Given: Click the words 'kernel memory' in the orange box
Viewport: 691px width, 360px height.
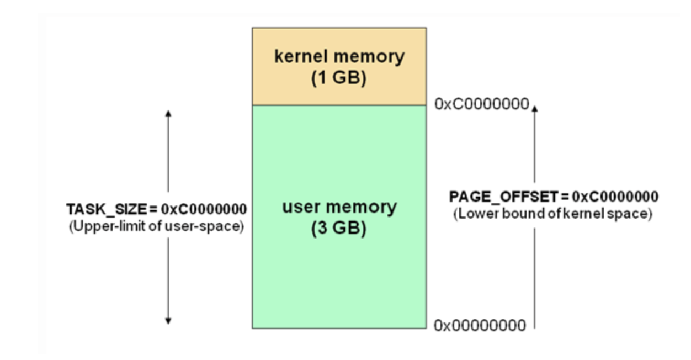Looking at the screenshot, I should [x=339, y=56].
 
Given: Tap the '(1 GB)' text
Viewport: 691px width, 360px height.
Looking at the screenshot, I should [x=339, y=77].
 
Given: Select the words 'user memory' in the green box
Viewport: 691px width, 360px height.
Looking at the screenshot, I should [x=339, y=207].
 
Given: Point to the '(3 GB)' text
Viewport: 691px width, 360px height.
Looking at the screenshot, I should [x=339, y=228].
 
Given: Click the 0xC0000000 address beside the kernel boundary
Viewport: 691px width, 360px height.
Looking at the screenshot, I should [x=481, y=104].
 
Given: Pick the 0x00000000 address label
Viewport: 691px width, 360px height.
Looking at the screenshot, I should [x=480, y=326].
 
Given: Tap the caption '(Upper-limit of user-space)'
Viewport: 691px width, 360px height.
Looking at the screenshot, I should [x=156, y=226].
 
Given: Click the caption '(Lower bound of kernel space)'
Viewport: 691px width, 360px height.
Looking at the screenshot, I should [x=552, y=214].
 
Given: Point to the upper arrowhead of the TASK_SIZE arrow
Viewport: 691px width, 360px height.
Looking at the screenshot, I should [x=168, y=113].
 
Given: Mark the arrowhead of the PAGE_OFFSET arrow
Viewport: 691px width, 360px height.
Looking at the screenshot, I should [x=534, y=108].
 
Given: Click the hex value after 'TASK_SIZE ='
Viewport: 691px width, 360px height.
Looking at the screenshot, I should [x=204, y=209].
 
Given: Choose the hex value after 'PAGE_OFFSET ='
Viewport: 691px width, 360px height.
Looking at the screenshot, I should [x=615, y=197].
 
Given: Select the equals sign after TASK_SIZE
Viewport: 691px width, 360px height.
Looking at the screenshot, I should [x=153, y=209].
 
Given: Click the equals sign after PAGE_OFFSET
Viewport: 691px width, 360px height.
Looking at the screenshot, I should [x=565, y=197].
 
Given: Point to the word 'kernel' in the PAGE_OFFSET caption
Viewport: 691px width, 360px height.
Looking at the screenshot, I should [x=597, y=214].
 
